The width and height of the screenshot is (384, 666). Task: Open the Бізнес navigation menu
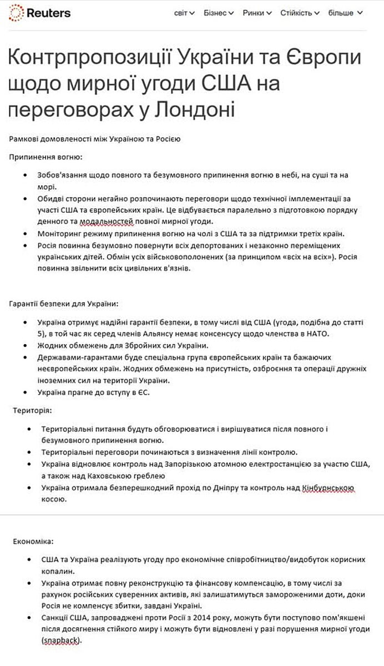(219, 13)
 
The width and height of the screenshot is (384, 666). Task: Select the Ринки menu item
(257, 13)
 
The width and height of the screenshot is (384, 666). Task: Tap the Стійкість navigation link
(300, 13)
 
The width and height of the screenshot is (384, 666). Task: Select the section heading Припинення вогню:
(46, 157)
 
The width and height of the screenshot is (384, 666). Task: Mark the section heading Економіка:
(34, 540)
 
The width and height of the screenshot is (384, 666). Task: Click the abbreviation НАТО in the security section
(316, 333)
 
